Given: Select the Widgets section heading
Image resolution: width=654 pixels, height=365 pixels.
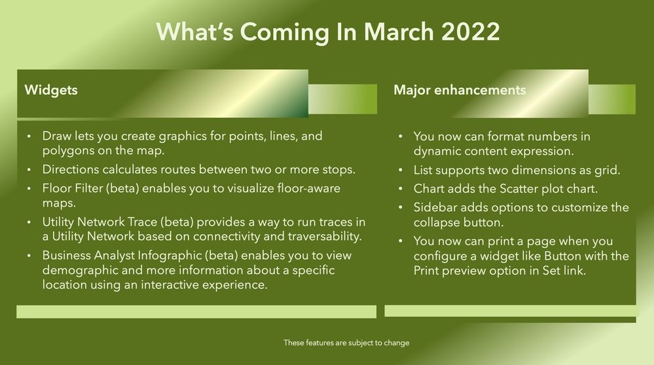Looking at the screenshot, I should click(x=50, y=90).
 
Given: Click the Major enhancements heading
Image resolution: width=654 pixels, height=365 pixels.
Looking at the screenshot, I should click(x=460, y=90).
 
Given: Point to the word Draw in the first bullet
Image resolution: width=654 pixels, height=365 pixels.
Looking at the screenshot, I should click(x=56, y=136).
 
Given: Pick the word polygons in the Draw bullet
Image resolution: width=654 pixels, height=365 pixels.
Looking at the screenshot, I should click(x=67, y=151).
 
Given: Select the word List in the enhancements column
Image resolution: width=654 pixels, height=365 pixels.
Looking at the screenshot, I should click(x=424, y=170).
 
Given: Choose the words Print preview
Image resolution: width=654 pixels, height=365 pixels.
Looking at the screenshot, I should click(x=458, y=270).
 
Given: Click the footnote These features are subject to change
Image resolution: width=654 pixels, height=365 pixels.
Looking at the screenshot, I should click(x=346, y=343).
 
